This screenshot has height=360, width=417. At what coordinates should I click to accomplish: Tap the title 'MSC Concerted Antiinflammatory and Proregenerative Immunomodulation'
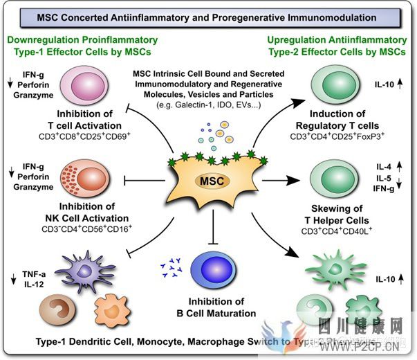(207, 17)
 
